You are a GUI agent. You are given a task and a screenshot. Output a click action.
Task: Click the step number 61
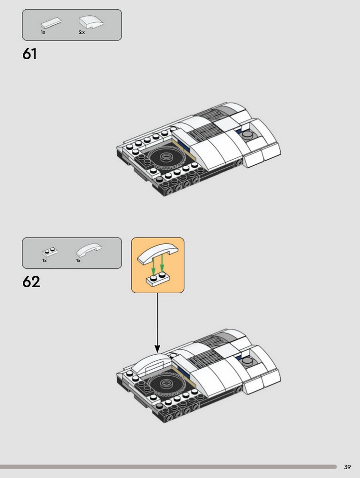click(29, 54)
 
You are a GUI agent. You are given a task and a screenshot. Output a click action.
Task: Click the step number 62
click(31, 282)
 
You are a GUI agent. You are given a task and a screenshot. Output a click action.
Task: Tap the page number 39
click(347, 467)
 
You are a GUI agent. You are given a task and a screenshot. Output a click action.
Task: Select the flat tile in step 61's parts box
click(51, 23)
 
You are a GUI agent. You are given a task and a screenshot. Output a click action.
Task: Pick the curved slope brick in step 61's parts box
click(91, 22)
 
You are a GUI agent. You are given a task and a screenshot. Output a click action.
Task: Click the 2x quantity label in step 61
click(82, 32)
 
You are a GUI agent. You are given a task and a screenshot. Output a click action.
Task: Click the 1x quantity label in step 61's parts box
click(43, 32)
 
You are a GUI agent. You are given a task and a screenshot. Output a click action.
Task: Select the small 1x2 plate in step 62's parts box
click(50, 252)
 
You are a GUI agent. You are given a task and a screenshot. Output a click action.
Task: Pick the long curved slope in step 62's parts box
click(89, 250)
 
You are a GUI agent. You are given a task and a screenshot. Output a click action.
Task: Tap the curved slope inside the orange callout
click(158, 253)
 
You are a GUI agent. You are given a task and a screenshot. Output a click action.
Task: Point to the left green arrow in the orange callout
click(154, 264)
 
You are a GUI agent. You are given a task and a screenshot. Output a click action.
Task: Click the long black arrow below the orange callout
click(157, 323)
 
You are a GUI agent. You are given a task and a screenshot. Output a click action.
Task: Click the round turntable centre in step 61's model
click(166, 157)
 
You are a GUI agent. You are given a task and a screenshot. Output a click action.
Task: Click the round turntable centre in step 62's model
click(166, 384)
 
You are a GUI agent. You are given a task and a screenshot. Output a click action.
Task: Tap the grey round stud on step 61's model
click(247, 134)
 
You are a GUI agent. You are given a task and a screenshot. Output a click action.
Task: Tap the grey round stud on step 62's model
click(247, 361)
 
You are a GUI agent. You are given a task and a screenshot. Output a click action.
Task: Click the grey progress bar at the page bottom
click(168, 467)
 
